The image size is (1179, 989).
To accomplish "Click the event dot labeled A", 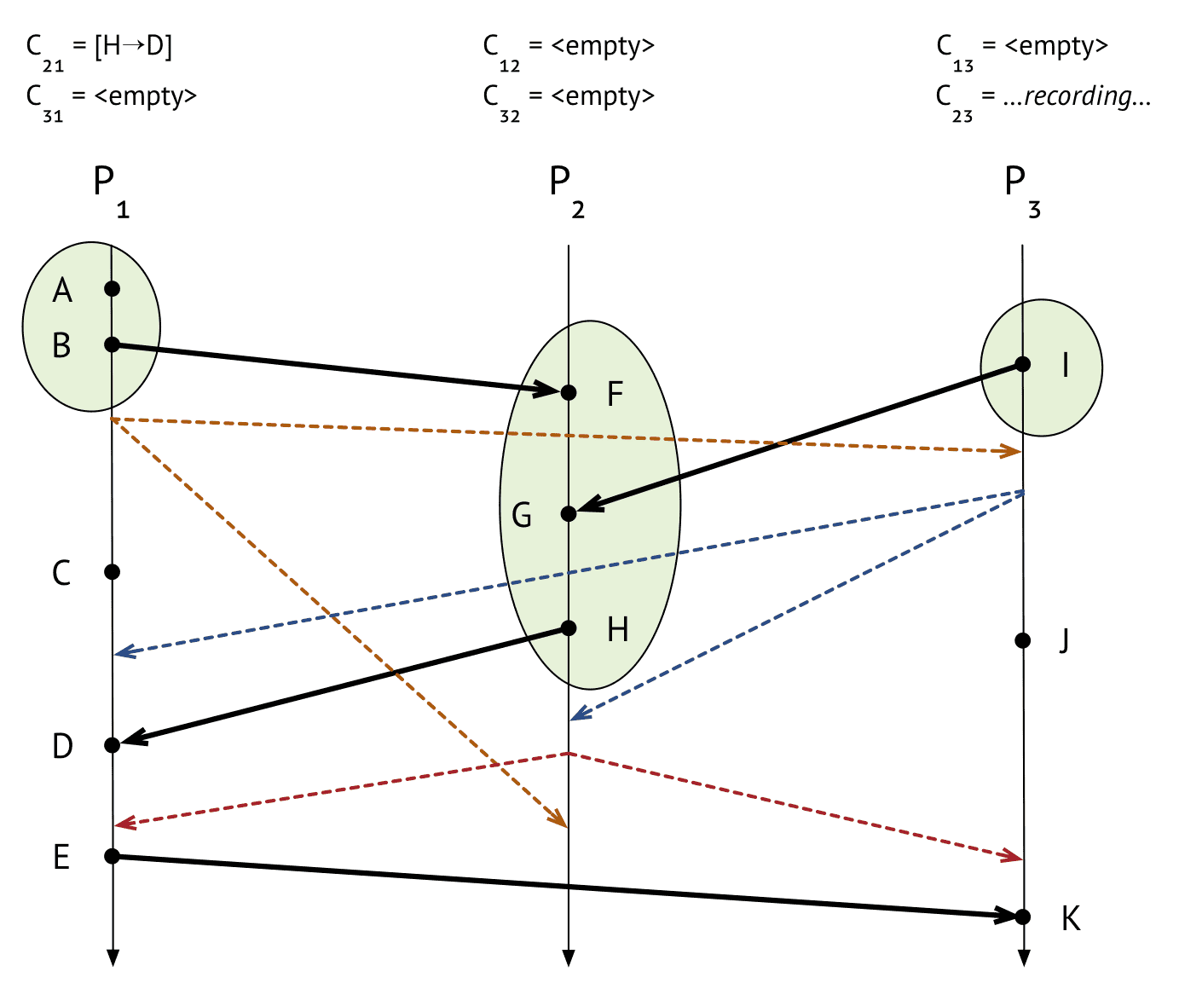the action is coord(113,289).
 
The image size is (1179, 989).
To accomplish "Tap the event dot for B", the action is coord(113,344).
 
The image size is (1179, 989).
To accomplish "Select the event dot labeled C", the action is coord(113,571).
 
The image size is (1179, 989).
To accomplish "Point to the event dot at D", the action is coord(113,745).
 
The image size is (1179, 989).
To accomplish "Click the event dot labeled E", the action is coord(113,856).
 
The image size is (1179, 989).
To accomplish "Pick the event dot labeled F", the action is coord(569,392).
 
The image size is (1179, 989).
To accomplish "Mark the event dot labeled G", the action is coord(569,513).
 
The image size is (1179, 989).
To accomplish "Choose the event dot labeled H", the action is coord(569,628).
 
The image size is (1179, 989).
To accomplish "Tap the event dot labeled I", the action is coord(1023,364).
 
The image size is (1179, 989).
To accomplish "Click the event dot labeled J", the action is coord(1023,640).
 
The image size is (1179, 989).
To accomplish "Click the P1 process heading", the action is coord(111,192).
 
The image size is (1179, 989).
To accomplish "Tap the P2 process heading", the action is coord(567,192).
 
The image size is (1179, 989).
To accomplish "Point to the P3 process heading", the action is coord(1022,192).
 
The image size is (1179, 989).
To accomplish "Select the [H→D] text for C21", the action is coord(133,46).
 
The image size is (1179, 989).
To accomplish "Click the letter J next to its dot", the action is coord(1065,640).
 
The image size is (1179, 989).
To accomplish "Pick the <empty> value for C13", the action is coord(1056,46).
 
